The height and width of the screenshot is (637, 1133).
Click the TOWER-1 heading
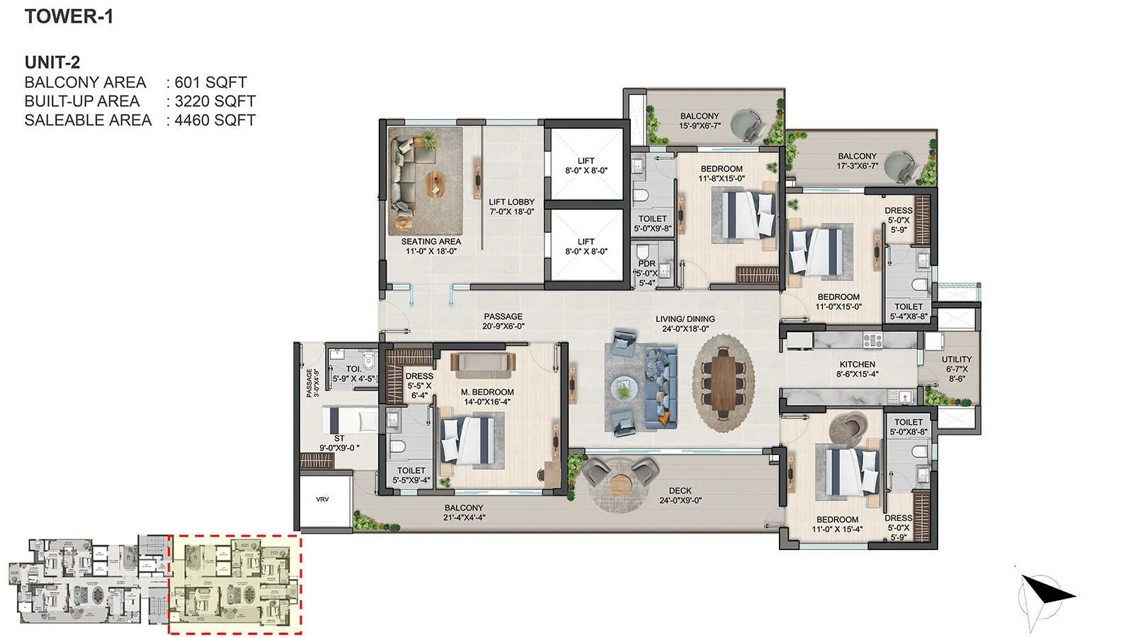tap(69, 17)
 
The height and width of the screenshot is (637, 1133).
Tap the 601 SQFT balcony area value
tap(210, 82)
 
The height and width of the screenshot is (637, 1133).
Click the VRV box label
tap(322, 500)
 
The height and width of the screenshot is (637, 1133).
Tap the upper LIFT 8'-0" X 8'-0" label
tap(586, 166)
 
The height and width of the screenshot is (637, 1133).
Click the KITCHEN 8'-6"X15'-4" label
tap(858, 369)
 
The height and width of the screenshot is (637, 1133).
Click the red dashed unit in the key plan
tap(235, 584)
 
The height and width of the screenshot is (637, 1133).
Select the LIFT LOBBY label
tap(511, 207)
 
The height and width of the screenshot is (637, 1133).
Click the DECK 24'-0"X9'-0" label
tap(680, 495)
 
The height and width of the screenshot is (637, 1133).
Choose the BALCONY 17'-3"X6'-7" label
tap(857, 161)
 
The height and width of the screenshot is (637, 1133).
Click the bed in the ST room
tap(350, 420)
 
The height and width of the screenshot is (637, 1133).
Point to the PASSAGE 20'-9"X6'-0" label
tap(503, 321)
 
